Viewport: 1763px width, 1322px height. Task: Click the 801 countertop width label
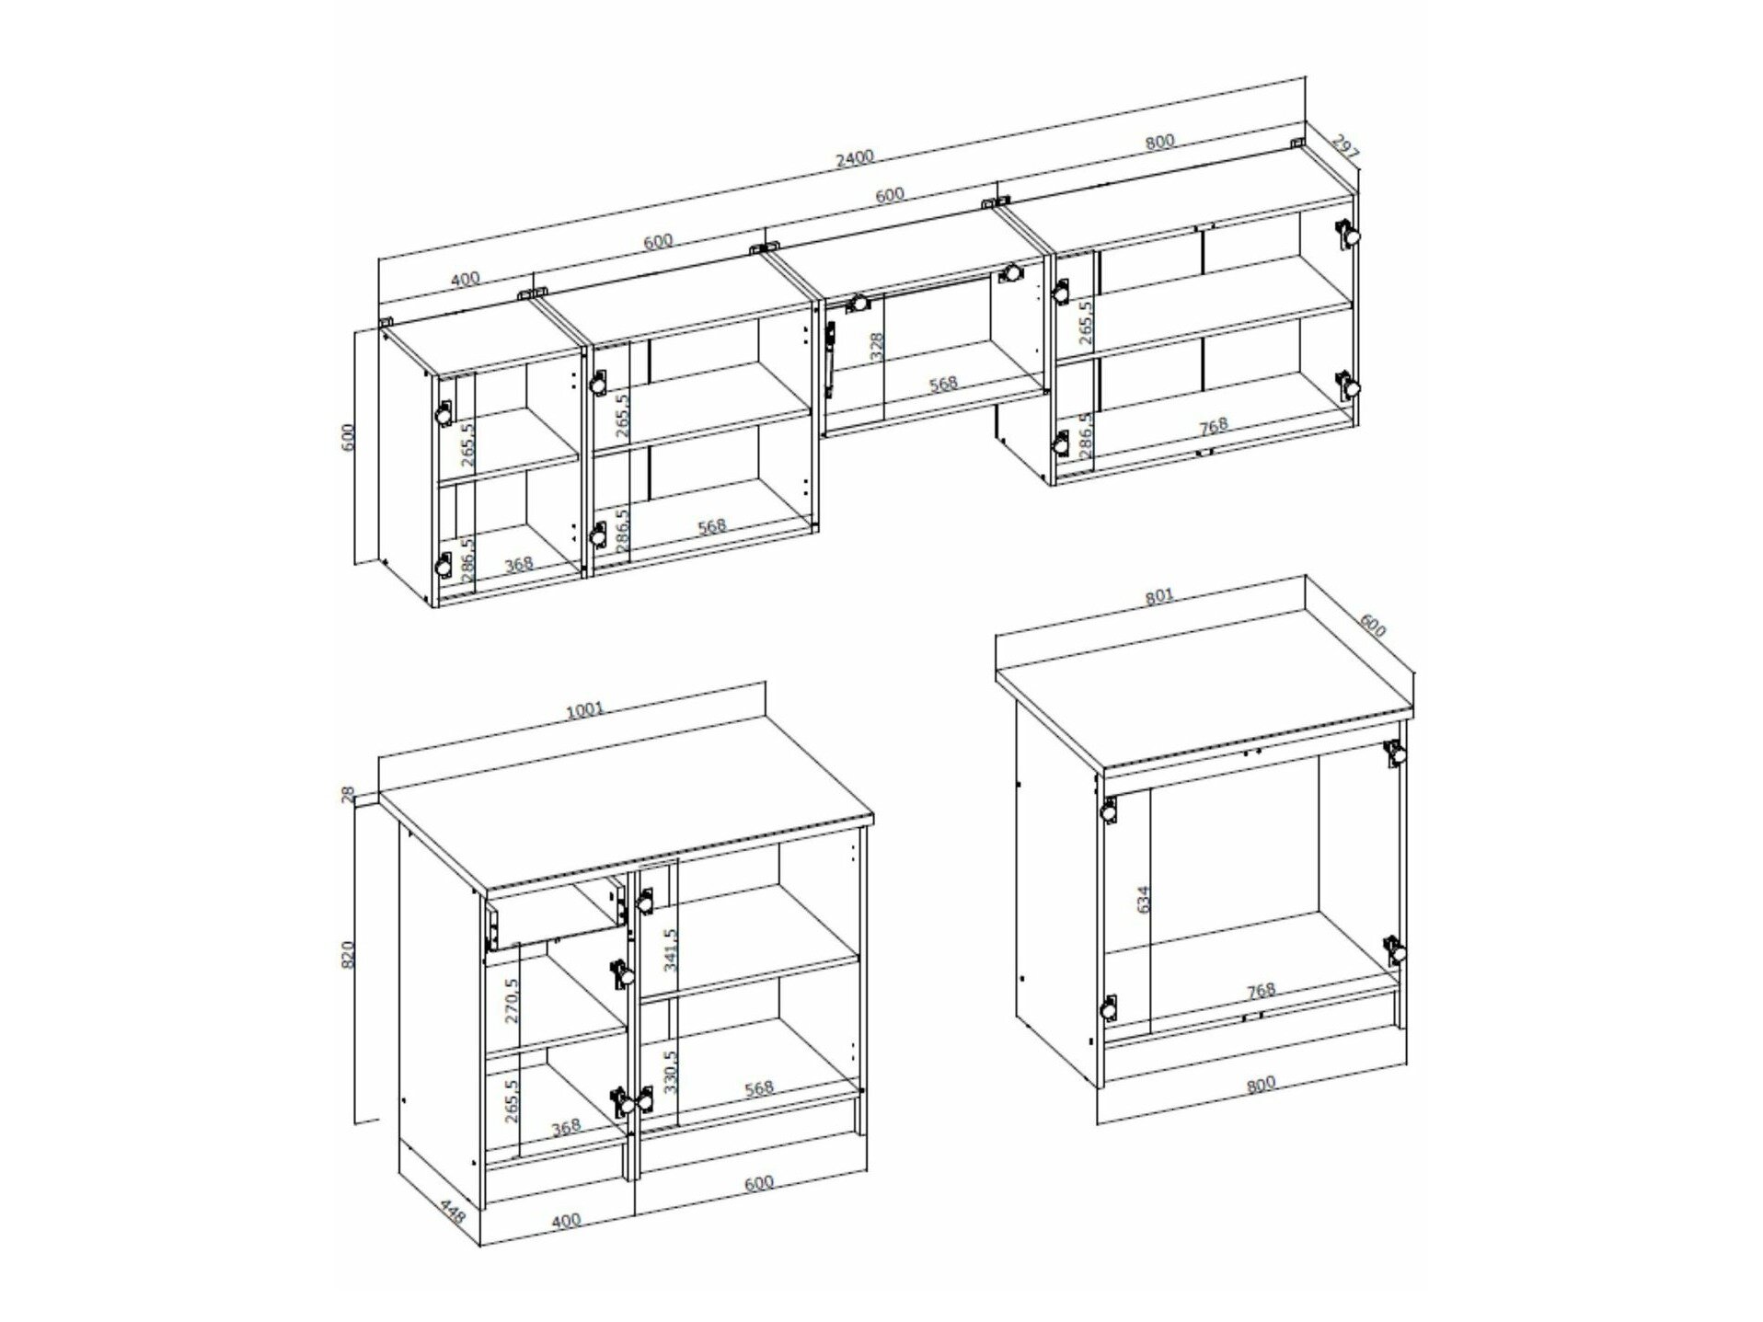[x=1159, y=596]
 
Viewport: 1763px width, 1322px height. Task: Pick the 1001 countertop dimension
[x=585, y=709]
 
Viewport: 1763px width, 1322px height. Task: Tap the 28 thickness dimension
[x=348, y=795]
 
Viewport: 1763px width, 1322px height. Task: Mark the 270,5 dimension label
[x=513, y=1000]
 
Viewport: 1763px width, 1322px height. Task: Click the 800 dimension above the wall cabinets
[x=1160, y=142]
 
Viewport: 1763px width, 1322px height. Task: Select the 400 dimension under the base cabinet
[x=566, y=1220]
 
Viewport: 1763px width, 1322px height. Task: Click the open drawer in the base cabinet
[x=555, y=914]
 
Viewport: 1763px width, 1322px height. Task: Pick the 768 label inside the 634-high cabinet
[x=1261, y=990]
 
